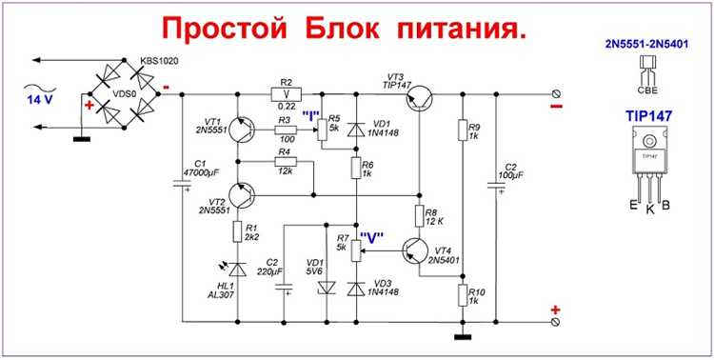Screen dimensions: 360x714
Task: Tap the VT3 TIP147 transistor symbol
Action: click(420, 100)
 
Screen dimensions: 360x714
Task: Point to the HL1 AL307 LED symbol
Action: click(237, 270)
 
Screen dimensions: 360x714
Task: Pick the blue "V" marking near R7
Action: click(372, 239)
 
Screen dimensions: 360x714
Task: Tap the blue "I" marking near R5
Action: click(310, 115)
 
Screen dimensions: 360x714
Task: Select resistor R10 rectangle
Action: click(461, 292)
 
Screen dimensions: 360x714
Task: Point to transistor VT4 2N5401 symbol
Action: click(415, 250)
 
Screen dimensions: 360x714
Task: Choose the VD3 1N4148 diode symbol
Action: click(356, 289)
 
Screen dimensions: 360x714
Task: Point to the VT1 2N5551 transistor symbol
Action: click(240, 131)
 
